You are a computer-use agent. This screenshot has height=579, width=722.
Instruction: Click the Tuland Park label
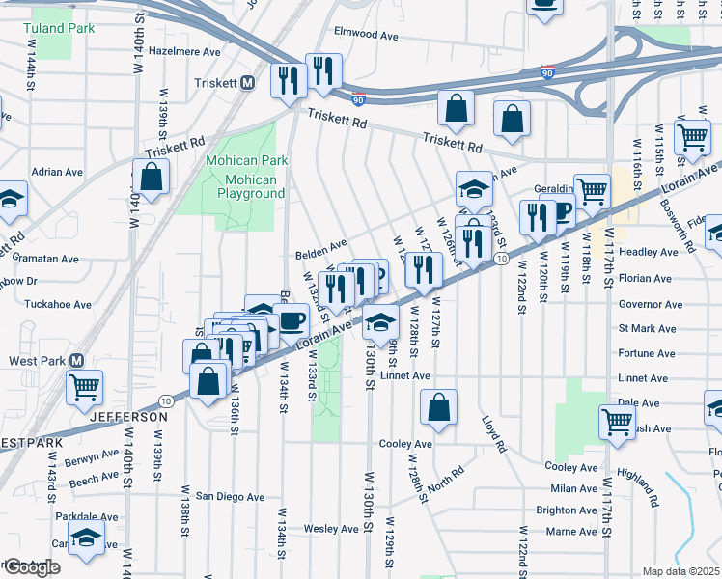(x=59, y=28)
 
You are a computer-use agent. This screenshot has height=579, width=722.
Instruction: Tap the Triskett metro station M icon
(x=247, y=83)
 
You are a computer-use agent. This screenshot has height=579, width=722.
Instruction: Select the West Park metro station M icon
(x=80, y=360)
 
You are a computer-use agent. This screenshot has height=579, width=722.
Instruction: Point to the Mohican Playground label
(x=242, y=186)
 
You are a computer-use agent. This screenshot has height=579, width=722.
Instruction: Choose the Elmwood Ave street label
(x=366, y=35)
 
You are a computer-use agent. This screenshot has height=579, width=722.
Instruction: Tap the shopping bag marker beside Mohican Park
(x=152, y=177)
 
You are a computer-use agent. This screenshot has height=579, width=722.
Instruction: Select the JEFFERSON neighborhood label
(x=129, y=417)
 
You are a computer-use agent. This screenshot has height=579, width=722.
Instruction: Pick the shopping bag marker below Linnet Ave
(x=438, y=407)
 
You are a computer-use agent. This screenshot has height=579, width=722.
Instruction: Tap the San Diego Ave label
(x=231, y=496)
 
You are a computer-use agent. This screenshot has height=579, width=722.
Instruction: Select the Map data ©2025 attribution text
(x=680, y=571)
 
